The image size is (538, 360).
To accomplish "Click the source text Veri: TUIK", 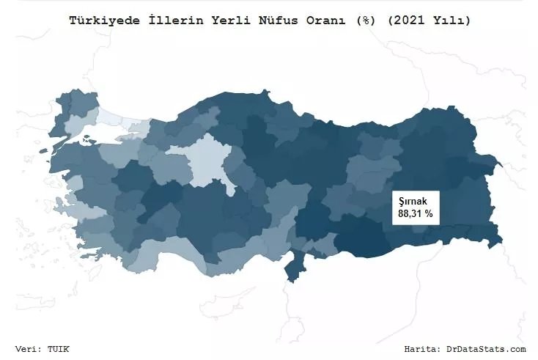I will coord(43,349).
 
